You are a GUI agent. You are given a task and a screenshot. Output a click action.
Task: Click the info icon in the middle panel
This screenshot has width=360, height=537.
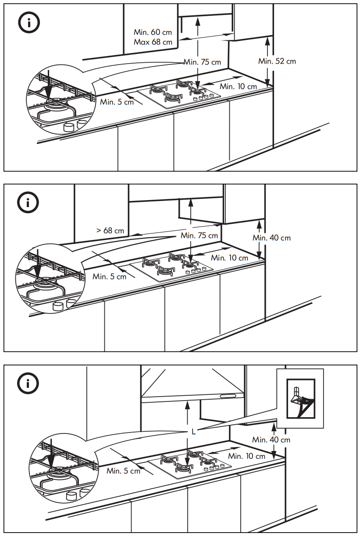tap(28, 203)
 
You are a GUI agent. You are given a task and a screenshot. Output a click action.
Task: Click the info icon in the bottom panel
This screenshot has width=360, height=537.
tap(28, 383)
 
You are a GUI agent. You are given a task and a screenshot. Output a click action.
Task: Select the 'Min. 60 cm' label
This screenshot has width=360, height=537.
tap(153, 32)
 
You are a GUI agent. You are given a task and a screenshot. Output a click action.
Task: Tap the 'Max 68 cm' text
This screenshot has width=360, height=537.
tap(153, 42)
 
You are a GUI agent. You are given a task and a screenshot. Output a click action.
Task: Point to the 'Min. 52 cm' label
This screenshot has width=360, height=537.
tap(277, 61)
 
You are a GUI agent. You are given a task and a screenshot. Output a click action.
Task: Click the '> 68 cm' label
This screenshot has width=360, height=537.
tap(110, 230)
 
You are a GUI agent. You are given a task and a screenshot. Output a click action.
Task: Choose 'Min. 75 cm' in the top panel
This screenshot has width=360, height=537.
tap(202, 62)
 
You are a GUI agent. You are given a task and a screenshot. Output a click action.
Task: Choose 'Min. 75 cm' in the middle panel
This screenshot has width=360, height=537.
tap(199, 236)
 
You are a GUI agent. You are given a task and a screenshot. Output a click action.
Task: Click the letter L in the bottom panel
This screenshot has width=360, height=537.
tap(193, 431)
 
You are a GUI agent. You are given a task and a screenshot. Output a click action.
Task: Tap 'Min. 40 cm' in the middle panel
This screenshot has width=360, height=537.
tap(271, 238)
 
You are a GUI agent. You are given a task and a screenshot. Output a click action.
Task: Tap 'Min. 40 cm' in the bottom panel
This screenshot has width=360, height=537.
tap(271, 440)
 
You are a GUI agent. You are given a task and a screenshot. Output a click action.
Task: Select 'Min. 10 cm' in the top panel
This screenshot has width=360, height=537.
tap(238, 86)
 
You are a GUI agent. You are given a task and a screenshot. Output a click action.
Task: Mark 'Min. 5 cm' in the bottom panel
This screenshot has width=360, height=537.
tap(124, 471)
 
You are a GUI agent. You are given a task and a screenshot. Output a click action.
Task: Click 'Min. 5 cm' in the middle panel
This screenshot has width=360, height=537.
tap(109, 276)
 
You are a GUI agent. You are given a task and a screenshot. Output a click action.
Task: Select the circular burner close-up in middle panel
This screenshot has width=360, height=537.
tap(50, 278)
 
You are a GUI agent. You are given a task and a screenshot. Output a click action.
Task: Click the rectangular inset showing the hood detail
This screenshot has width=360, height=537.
tap(300, 398)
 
